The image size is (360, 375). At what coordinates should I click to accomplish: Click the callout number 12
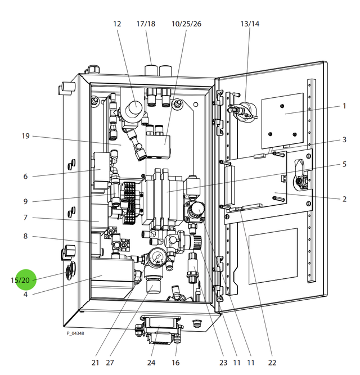117,24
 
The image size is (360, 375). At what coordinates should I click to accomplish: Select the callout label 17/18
145,24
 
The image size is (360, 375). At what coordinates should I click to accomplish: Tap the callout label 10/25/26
186,24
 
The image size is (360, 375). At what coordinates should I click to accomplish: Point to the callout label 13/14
250,24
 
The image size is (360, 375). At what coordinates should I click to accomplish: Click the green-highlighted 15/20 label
21,280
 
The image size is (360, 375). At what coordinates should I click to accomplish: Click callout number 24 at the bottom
151,363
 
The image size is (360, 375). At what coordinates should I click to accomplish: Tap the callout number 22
272,363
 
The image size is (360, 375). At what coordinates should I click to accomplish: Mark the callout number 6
25,176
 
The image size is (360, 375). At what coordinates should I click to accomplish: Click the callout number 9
25,201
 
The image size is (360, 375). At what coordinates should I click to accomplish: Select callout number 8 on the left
25,237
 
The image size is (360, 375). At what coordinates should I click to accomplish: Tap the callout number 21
96,363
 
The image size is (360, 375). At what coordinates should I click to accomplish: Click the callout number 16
175,363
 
